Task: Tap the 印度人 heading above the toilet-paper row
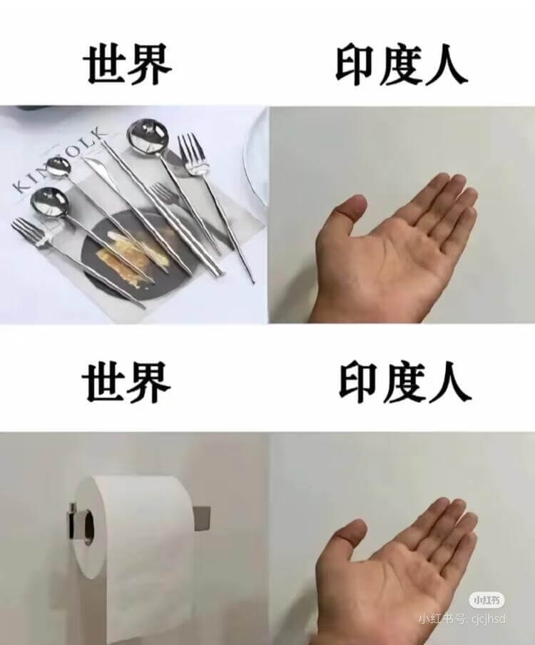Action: [404, 383]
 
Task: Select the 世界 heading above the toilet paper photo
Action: [128, 383]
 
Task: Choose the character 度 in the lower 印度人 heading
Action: [404, 383]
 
